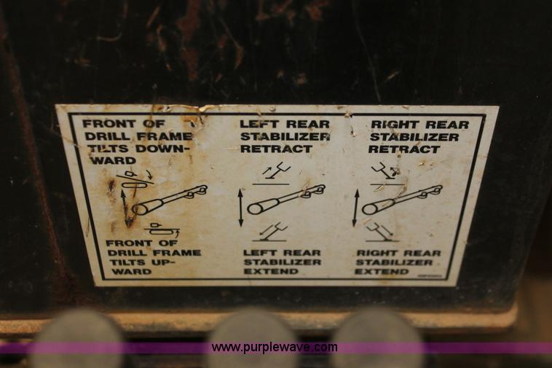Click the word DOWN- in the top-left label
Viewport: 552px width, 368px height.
click(x=159, y=149)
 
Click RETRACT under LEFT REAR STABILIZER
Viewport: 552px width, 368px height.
click(x=276, y=149)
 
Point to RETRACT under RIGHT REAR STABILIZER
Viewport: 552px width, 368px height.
click(x=404, y=149)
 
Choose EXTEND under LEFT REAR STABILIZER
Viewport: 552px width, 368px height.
click(x=271, y=272)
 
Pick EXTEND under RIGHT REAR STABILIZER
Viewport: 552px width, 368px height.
click(x=382, y=272)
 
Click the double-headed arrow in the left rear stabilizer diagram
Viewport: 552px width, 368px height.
click(x=241, y=208)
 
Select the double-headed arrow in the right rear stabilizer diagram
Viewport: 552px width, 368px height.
click(x=355, y=208)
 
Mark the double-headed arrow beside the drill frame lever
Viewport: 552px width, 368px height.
click(x=125, y=208)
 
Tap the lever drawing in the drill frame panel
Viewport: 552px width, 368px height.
click(x=170, y=200)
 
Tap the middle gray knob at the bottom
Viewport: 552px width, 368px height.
click(x=253, y=338)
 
